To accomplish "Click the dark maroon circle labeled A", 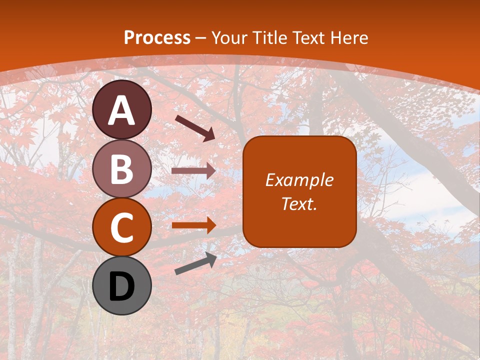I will pos(122,109).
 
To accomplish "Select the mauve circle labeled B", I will pos(122,168).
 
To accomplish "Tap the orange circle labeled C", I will pos(122,227).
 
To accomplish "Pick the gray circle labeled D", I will pos(122,285).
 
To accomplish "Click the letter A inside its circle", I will pos(122,110).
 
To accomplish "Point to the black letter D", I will pos(122,286).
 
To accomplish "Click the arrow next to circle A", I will pos(195,127).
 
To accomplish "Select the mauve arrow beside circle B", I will pos(193,171).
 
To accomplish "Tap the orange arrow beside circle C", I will pos(193,225).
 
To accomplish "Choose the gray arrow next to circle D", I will pos(195,263).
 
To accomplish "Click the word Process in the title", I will pos(157,37).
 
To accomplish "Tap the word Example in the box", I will pos(299,180).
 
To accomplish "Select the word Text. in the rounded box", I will pos(299,203).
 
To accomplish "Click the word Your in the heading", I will pos(229,37).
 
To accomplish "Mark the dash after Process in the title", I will pos(201,38).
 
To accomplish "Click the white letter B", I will pos(122,169).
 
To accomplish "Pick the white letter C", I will pos(122,227).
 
